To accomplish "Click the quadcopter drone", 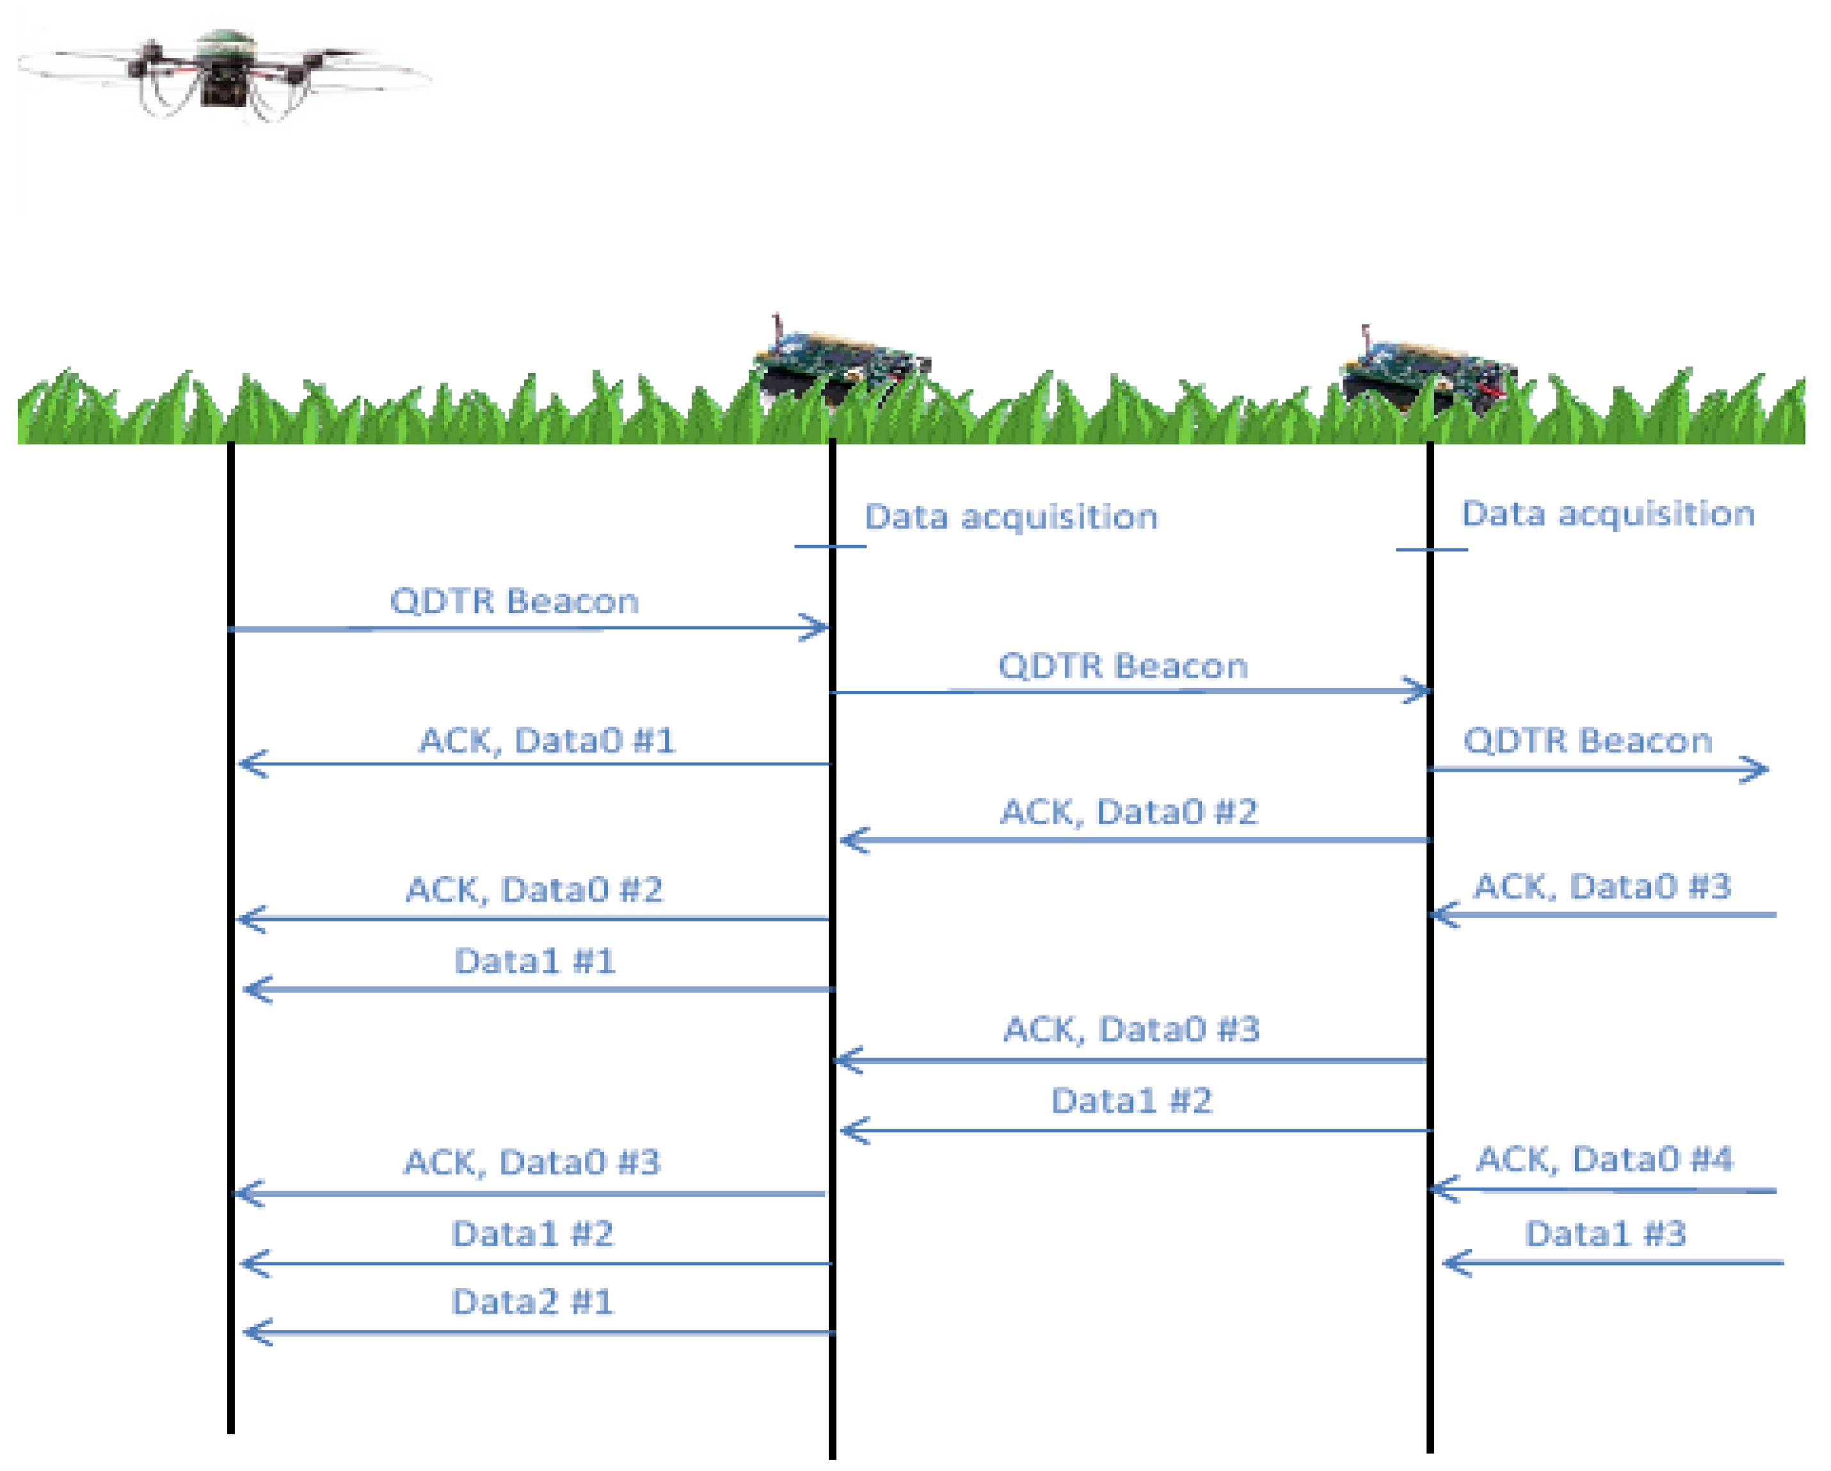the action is (225, 75).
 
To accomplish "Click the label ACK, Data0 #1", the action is (548, 740).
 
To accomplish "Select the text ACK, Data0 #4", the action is (1604, 1159).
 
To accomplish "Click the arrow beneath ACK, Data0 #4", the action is (1603, 1190).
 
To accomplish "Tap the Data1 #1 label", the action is (535, 962).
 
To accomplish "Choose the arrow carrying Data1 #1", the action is (540, 989).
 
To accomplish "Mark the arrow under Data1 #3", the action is (1613, 1263).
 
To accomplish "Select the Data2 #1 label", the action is (532, 1302).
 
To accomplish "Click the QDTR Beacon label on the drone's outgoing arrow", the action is (515, 601).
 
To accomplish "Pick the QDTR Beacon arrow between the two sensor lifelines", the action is (1130, 691).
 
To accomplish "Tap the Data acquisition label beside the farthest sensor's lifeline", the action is (1608, 514).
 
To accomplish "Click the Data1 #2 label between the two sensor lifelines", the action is (1132, 1101).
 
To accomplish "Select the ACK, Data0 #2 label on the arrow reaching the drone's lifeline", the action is (534, 890).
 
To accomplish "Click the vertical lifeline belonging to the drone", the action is (231, 937).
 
